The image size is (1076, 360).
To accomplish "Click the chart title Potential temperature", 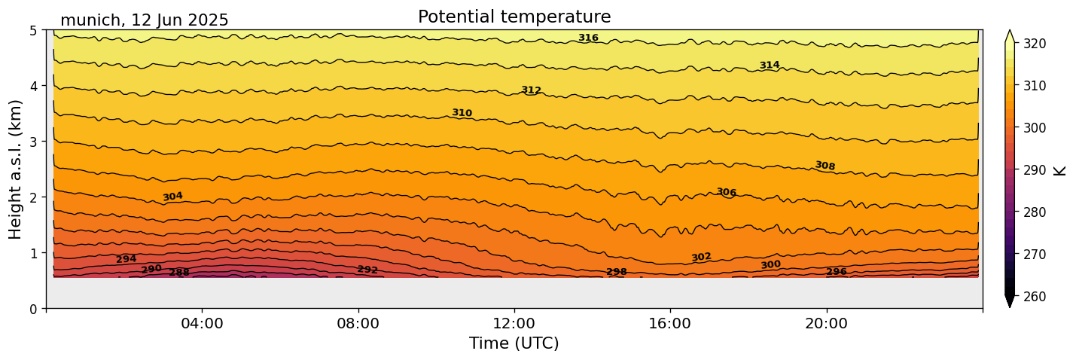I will [x=514, y=17].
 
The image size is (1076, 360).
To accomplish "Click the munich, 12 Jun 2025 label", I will [x=145, y=20].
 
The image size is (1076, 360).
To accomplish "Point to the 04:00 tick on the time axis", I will [x=202, y=324].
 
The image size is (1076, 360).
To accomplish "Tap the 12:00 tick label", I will [x=514, y=324].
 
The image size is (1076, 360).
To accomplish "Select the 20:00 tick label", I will [x=826, y=324].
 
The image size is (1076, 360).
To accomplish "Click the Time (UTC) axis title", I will [x=514, y=343].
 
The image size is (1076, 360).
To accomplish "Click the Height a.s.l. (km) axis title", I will [x=16, y=169].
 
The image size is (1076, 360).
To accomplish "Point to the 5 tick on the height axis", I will [x=34, y=30].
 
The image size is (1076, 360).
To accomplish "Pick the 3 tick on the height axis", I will [x=34, y=142].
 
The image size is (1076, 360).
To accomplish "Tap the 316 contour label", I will [x=588, y=38].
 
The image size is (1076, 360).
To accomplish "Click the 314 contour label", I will [x=770, y=66].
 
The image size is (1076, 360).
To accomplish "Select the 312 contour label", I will [x=531, y=90].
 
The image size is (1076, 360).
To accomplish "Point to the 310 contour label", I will [x=462, y=113].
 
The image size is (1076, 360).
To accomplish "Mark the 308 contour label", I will [x=825, y=166].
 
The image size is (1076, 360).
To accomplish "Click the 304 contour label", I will [x=172, y=197].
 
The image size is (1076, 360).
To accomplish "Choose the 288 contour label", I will [x=179, y=273].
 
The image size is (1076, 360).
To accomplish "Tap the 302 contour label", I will [x=701, y=258].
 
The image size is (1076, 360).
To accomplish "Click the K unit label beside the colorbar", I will [x=1060, y=170].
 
